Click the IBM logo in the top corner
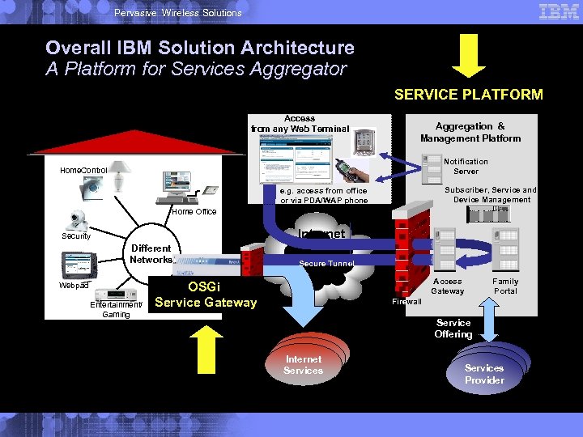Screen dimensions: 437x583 (x=558, y=12)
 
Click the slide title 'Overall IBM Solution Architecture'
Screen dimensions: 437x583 (x=200, y=48)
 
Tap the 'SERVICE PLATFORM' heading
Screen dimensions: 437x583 (x=468, y=95)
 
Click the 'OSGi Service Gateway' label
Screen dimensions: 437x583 (x=205, y=295)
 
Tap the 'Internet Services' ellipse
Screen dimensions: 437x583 (x=304, y=365)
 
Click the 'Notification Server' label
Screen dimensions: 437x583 (x=466, y=166)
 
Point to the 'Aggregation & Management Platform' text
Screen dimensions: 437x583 (x=470, y=132)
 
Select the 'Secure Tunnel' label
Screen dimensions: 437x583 (x=326, y=263)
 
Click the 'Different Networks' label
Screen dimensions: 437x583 (x=151, y=254)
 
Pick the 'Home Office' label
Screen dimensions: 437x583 (x=194, y=212)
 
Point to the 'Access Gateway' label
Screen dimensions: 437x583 (x=447, y=286)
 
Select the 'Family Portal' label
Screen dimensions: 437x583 (x=505, y=286)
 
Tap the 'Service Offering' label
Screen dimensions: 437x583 (x=453, y=329)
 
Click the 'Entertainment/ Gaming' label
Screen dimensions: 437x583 (x=116, y=309)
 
